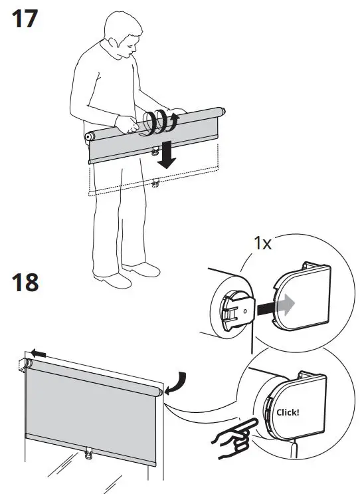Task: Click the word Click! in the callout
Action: tap(286, 412)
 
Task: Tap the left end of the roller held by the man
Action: tap(89, 136)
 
